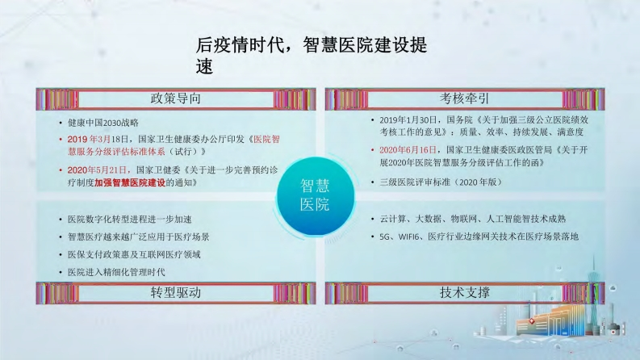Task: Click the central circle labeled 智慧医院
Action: pos(315,195)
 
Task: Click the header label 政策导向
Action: pos(175,98)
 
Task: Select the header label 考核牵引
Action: pos(465,98)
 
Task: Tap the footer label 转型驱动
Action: pos(175,292)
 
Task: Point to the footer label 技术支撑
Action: pos(465,292)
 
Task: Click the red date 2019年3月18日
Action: pos(98,139)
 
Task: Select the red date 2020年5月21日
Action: pos(98,170)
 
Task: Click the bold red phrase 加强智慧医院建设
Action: pos(130,182)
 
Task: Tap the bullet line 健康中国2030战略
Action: pos(103,123)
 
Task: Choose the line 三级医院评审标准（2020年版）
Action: pos(441,182)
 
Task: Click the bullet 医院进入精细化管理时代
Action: pos(116,272)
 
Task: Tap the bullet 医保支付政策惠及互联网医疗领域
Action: pos(134,255)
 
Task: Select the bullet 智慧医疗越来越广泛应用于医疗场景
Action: pos(139,237)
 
